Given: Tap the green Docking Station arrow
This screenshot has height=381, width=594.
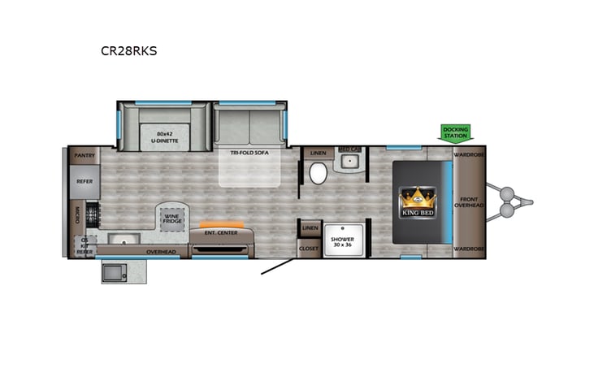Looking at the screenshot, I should (456, 132).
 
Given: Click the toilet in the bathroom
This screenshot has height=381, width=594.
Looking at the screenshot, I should (318, 173).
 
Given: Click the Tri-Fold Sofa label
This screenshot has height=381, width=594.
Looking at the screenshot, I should (249, 153).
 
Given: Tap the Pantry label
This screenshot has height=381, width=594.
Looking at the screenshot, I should (85, 154).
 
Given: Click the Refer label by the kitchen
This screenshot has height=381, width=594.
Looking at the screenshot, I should (85, 182).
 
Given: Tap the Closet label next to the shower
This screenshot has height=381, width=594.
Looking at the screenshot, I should (309, 248).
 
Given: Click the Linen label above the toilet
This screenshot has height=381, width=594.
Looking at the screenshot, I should (318, 153).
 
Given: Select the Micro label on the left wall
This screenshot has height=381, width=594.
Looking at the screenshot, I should (78, 214).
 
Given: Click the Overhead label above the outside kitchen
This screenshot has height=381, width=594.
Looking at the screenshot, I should (161, 252).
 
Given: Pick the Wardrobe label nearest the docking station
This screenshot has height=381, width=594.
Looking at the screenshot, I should (470, 154).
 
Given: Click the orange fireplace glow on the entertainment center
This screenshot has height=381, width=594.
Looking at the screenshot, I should (221, 223).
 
